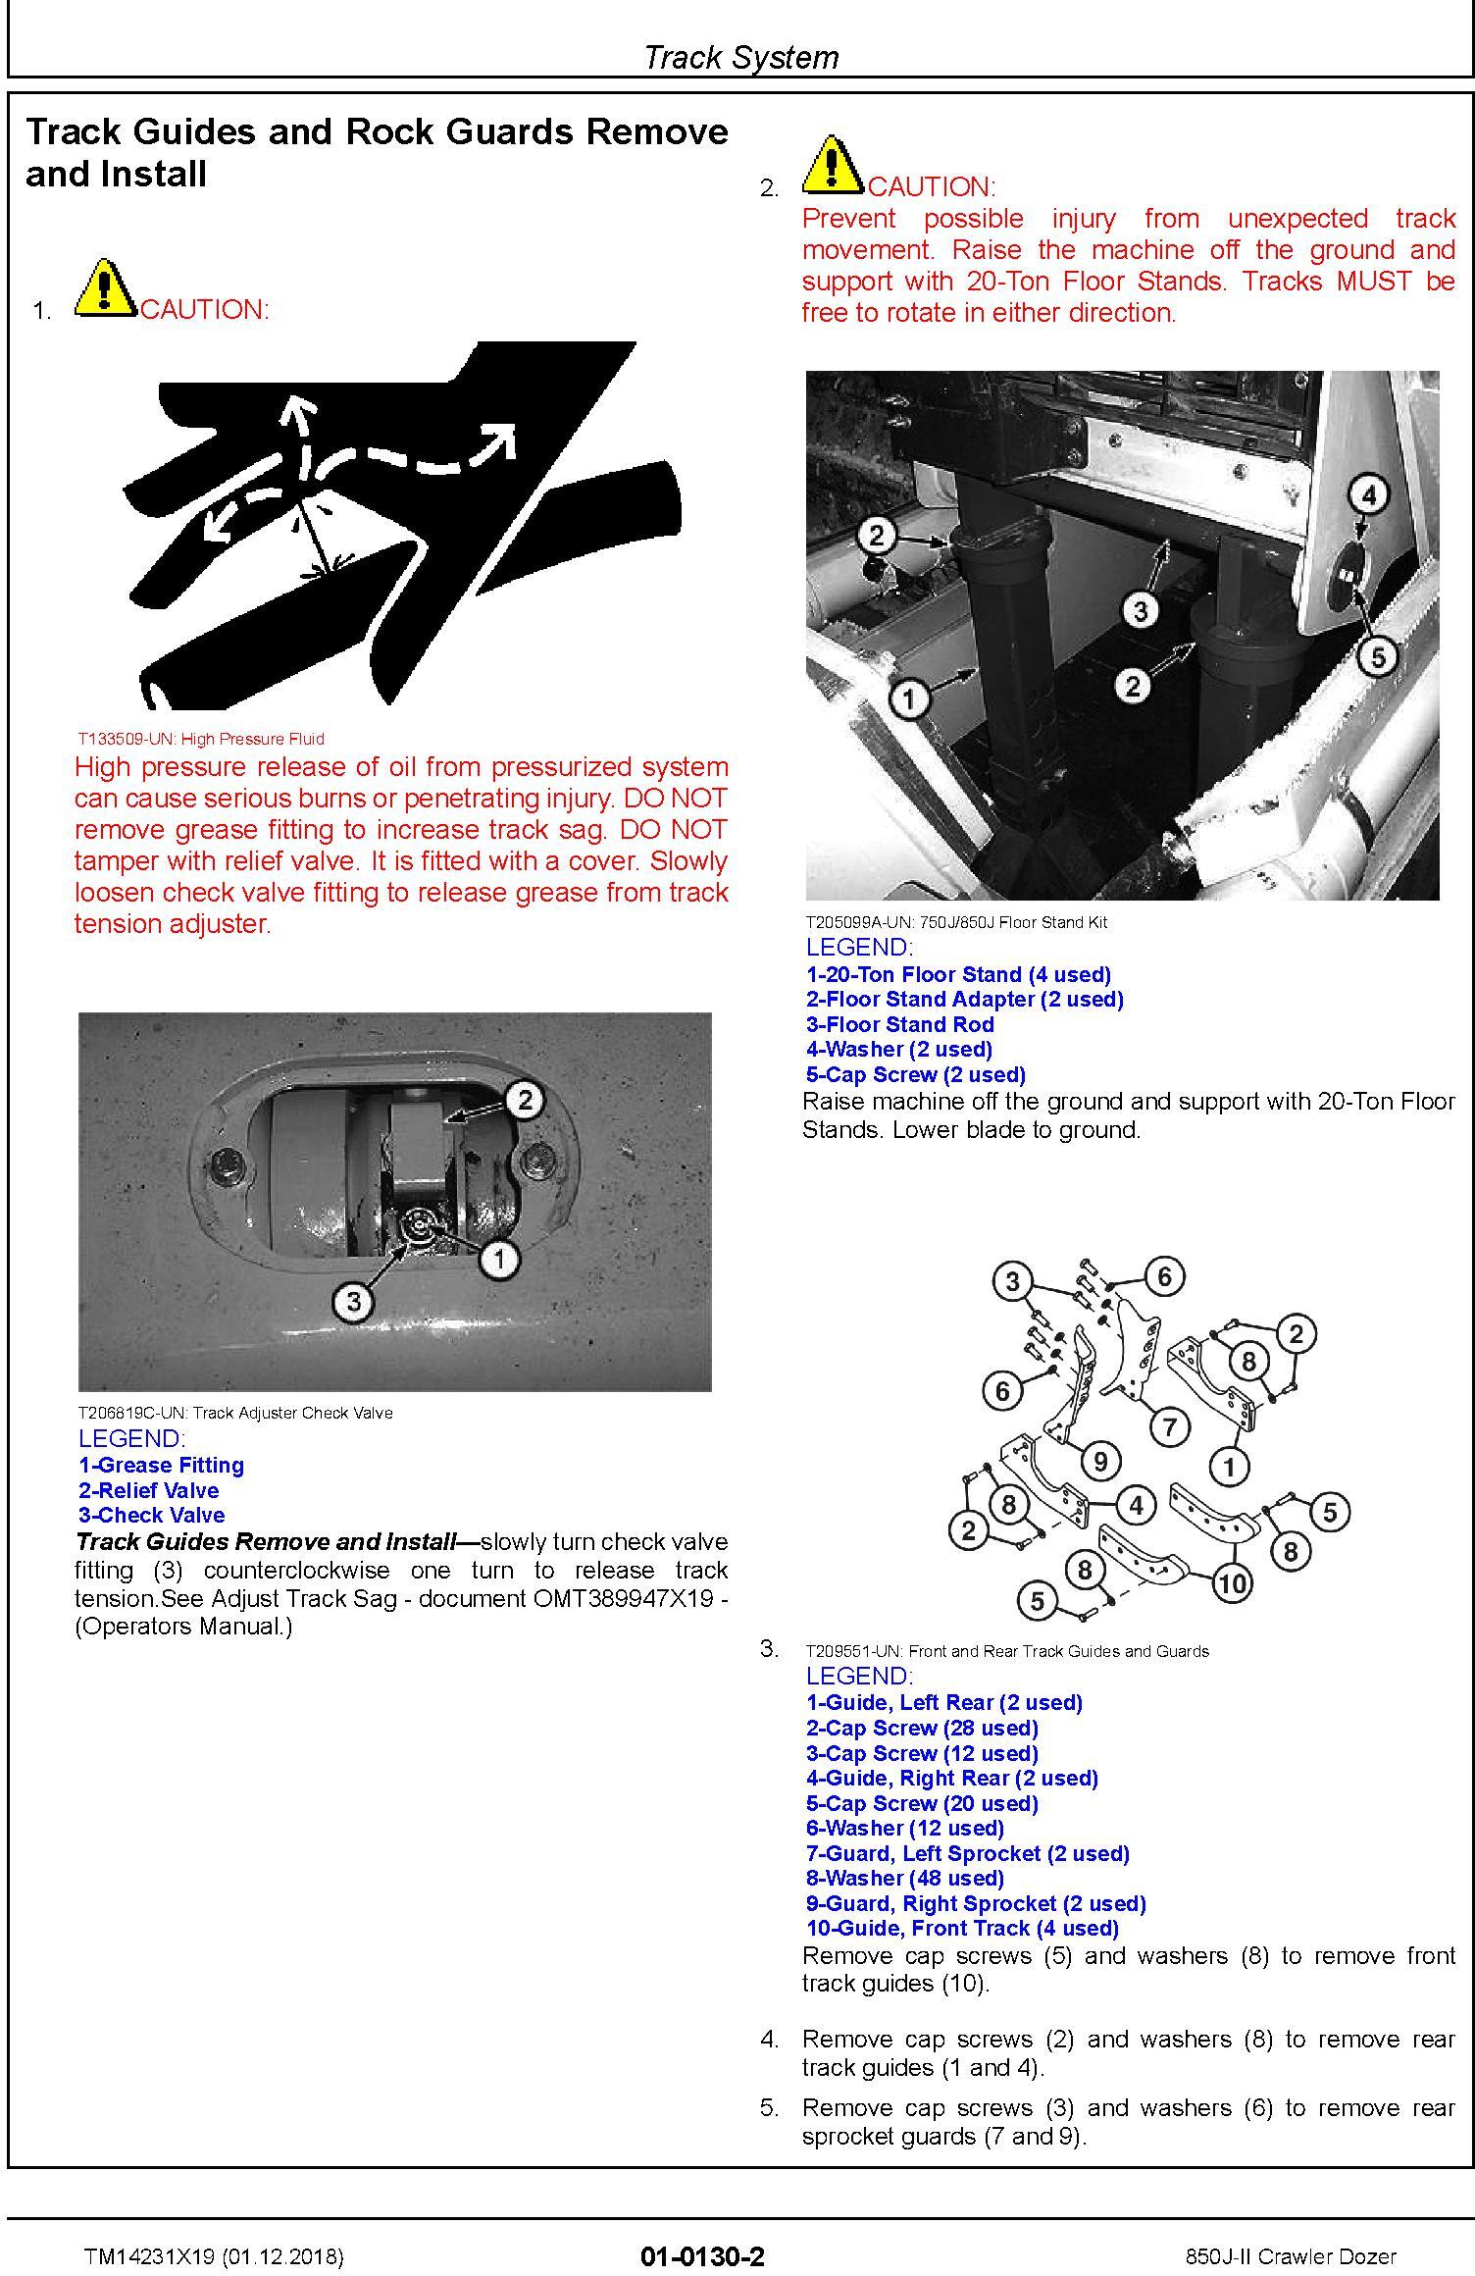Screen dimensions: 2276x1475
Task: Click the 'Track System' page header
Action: coord(740,58)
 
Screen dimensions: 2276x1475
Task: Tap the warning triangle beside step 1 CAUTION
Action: coord(105,288)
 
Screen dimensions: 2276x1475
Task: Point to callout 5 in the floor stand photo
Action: coord(1378,656)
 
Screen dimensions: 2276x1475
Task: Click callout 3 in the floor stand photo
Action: coord(1140,610)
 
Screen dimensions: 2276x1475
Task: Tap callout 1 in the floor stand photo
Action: coord(909,698)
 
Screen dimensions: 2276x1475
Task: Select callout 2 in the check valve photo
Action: coord(525,1100)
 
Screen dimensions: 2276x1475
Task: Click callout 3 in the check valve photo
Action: coord(353,1302)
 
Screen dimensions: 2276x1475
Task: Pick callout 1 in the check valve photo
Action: coord(499,1258)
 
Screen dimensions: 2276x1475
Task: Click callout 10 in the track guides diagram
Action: coord(1233,1581)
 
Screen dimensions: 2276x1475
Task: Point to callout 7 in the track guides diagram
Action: coord(1169,1426)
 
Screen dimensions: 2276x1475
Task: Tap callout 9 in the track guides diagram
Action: coord(1100,1462)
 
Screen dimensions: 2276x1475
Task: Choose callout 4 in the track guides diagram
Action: coord(1136,1504)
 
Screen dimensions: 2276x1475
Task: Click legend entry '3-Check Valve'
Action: coord(152,1515)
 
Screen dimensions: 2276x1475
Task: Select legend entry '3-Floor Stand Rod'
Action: coord(900,1024)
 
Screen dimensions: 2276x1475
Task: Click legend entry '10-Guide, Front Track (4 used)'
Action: coord(962,1928)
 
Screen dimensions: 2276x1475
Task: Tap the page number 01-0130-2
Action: coord(702,2255)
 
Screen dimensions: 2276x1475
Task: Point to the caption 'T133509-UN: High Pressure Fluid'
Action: coord(201,739)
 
